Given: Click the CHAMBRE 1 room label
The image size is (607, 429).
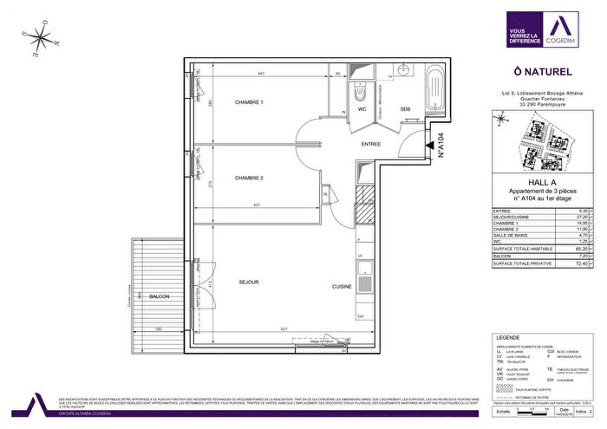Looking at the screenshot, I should point(249,103).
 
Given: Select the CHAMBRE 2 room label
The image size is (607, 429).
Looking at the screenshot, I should point(249,179).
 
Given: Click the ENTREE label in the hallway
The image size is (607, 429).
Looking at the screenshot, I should point(371,145).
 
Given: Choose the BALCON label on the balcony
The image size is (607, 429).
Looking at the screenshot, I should point(159,297).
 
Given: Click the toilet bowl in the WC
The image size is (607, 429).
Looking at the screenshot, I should point(362,93).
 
